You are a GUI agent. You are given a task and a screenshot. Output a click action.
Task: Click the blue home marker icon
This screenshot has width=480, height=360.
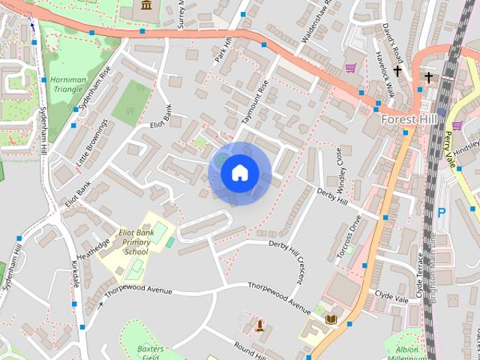coord(239,173)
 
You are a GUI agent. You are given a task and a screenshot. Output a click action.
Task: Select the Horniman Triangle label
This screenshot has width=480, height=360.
coord(67,83)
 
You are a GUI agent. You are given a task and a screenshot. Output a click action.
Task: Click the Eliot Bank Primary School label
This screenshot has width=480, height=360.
coord(136,242)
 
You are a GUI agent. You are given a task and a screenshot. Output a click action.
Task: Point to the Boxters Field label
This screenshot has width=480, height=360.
coord(151,352)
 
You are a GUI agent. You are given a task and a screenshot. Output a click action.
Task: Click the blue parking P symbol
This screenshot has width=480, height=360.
coord(441,212)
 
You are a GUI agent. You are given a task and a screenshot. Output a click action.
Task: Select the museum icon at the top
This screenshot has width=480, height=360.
coord(145,6)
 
